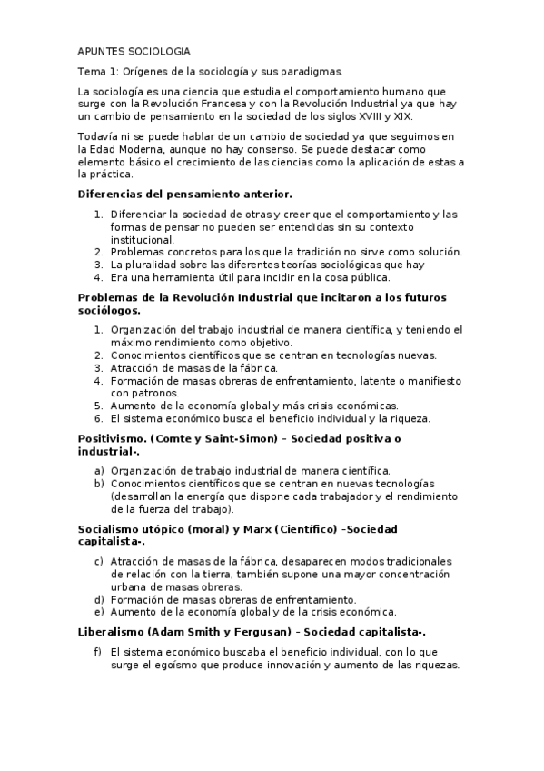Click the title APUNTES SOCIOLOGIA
(x=134, y=52)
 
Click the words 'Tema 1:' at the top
(x=96, y=72)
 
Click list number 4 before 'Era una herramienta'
(x=99, y=277)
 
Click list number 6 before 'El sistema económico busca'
(x=99, y=418)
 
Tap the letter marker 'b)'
(x=99, y=483)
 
